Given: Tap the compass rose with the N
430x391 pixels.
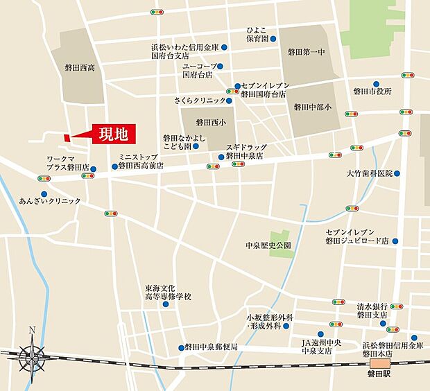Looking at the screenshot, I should pos(31,355).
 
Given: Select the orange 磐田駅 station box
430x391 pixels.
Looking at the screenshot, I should pos(381,364).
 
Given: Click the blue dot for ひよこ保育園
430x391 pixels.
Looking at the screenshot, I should pos(273,39).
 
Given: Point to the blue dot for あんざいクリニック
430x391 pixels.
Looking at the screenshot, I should pos(44,194).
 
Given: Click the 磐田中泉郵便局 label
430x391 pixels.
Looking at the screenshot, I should pos(212,347).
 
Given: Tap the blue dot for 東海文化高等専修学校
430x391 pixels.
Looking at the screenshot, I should pos(165,304).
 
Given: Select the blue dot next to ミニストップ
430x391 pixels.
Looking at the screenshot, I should pos(115,166).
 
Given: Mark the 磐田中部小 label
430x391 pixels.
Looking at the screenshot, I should pos(313,107).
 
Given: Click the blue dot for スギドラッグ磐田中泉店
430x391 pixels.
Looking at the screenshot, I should pos(221,157).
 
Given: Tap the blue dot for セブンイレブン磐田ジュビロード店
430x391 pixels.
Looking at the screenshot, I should pos(395,241).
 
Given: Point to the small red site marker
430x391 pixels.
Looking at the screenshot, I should pos(67,138).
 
